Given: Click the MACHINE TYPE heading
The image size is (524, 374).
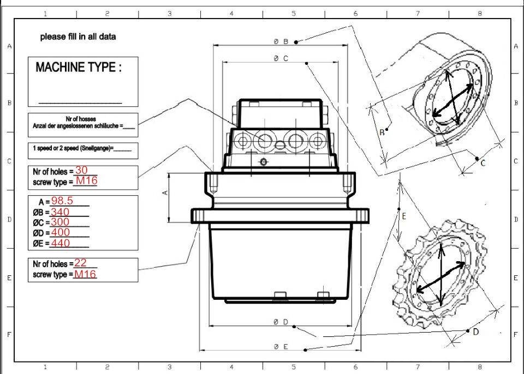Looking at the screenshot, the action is click(79, 67).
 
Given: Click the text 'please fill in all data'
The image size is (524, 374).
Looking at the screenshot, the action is click(78, 37).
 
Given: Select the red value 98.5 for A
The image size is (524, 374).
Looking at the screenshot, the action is click(62, 201).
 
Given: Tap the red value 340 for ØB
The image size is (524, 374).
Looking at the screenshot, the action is click(60, 212).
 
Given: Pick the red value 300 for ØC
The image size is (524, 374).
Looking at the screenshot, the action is click(60, 222).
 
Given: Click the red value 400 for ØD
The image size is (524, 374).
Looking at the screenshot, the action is click(61, 232).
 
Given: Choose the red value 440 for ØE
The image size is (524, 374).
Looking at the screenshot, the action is click(61, 243).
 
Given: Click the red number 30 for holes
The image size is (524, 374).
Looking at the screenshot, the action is click(81, 170).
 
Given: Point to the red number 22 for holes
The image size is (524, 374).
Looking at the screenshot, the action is click(81, 263).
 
